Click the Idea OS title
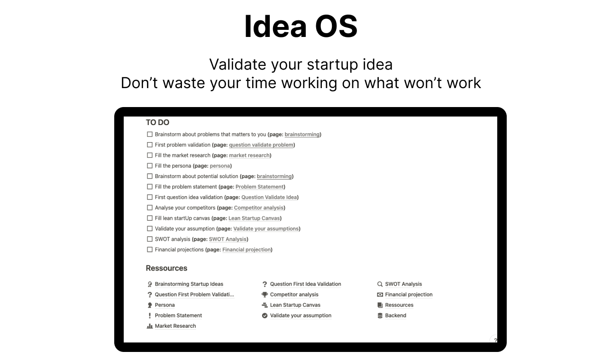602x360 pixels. pos(301,27)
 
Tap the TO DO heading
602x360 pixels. pos(157,122)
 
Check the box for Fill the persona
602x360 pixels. pos(150,166)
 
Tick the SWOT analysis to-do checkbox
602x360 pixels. pos(150,239)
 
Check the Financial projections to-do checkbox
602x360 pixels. pos(150,250)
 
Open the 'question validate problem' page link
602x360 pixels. pos(261,145)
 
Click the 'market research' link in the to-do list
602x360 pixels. pos(249,155)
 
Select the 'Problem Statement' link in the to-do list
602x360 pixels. pos(259,187)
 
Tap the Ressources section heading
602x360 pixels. pos(166,268)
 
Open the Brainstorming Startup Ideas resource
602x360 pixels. pos(189,284)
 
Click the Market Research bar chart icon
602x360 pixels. pos(150,326)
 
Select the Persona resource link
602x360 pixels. pos(164,305)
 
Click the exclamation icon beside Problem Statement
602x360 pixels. pos(150,315)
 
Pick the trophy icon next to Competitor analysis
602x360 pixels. pos(265,295)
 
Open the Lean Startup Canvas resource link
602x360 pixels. pos(295,305)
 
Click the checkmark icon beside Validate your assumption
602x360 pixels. pos(265,315)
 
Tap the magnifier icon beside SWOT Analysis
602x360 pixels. pos(380,284)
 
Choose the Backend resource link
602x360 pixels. pos(395,315)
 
